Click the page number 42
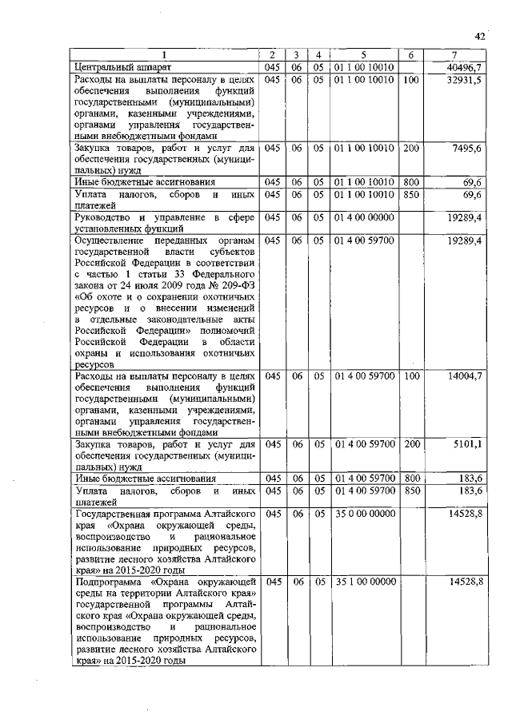point(479,36)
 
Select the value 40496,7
point(466,68)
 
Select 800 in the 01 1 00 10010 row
point(411,183)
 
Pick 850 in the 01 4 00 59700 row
point(411,491)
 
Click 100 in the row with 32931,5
point(411,81)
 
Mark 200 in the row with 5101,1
point(411,443)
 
